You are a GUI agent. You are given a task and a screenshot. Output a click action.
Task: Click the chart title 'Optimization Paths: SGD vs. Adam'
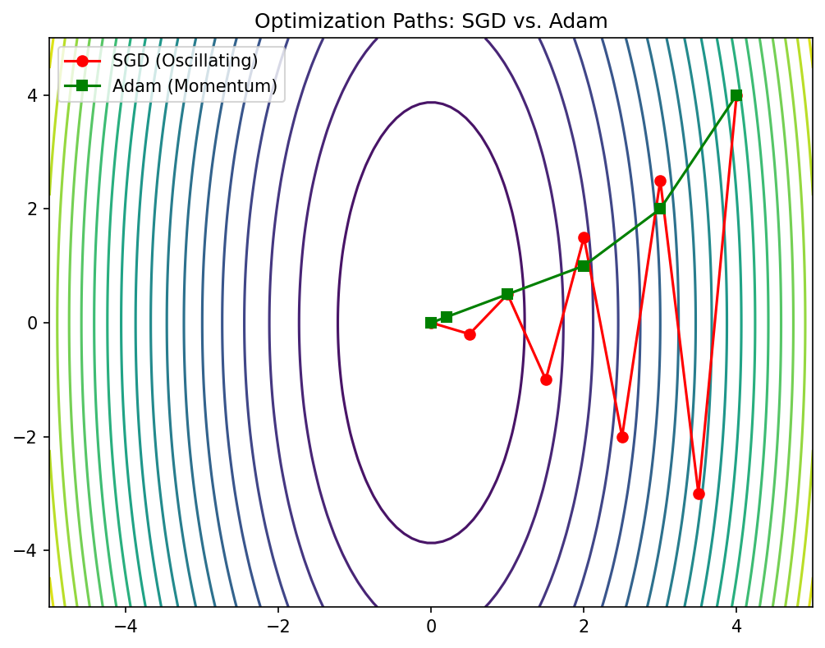pyautogui.click(x=431, y=21)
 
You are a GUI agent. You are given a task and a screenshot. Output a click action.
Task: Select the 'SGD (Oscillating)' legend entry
pyautogui.click(x=185, y=61)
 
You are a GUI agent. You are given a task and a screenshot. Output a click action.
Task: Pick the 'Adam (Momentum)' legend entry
pyautogui.click(x=194, y=85)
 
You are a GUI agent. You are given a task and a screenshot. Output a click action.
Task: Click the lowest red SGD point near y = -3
pyautogui.click(x=699, y=494)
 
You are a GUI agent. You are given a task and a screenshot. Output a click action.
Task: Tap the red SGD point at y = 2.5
pyautogui.click(x=660, y=181)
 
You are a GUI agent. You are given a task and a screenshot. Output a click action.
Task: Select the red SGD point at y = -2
pyautogui.click(x=622, y=437)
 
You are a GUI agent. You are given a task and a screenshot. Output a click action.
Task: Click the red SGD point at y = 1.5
pyautogui.click(x=584, y=237)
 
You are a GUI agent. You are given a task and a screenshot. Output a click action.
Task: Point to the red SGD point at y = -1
pyautogui.click(x=546, y=379)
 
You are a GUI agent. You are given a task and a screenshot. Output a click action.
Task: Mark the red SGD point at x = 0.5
pyautogui.click(x=470, y=334)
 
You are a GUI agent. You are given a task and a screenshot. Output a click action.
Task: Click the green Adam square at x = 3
pyautogui.click(x=660, y=209)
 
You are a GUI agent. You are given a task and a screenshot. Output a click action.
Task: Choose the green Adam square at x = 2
pyautogui.click(x=584, y=266)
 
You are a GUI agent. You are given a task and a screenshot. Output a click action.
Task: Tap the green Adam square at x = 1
pyautogui.click(x=507, y=294)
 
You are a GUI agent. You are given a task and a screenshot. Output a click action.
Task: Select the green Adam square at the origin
pyautogui.click(x=431, y=323)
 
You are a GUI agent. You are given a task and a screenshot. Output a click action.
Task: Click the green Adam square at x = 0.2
pyautogui.click(x=447, y=317)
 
